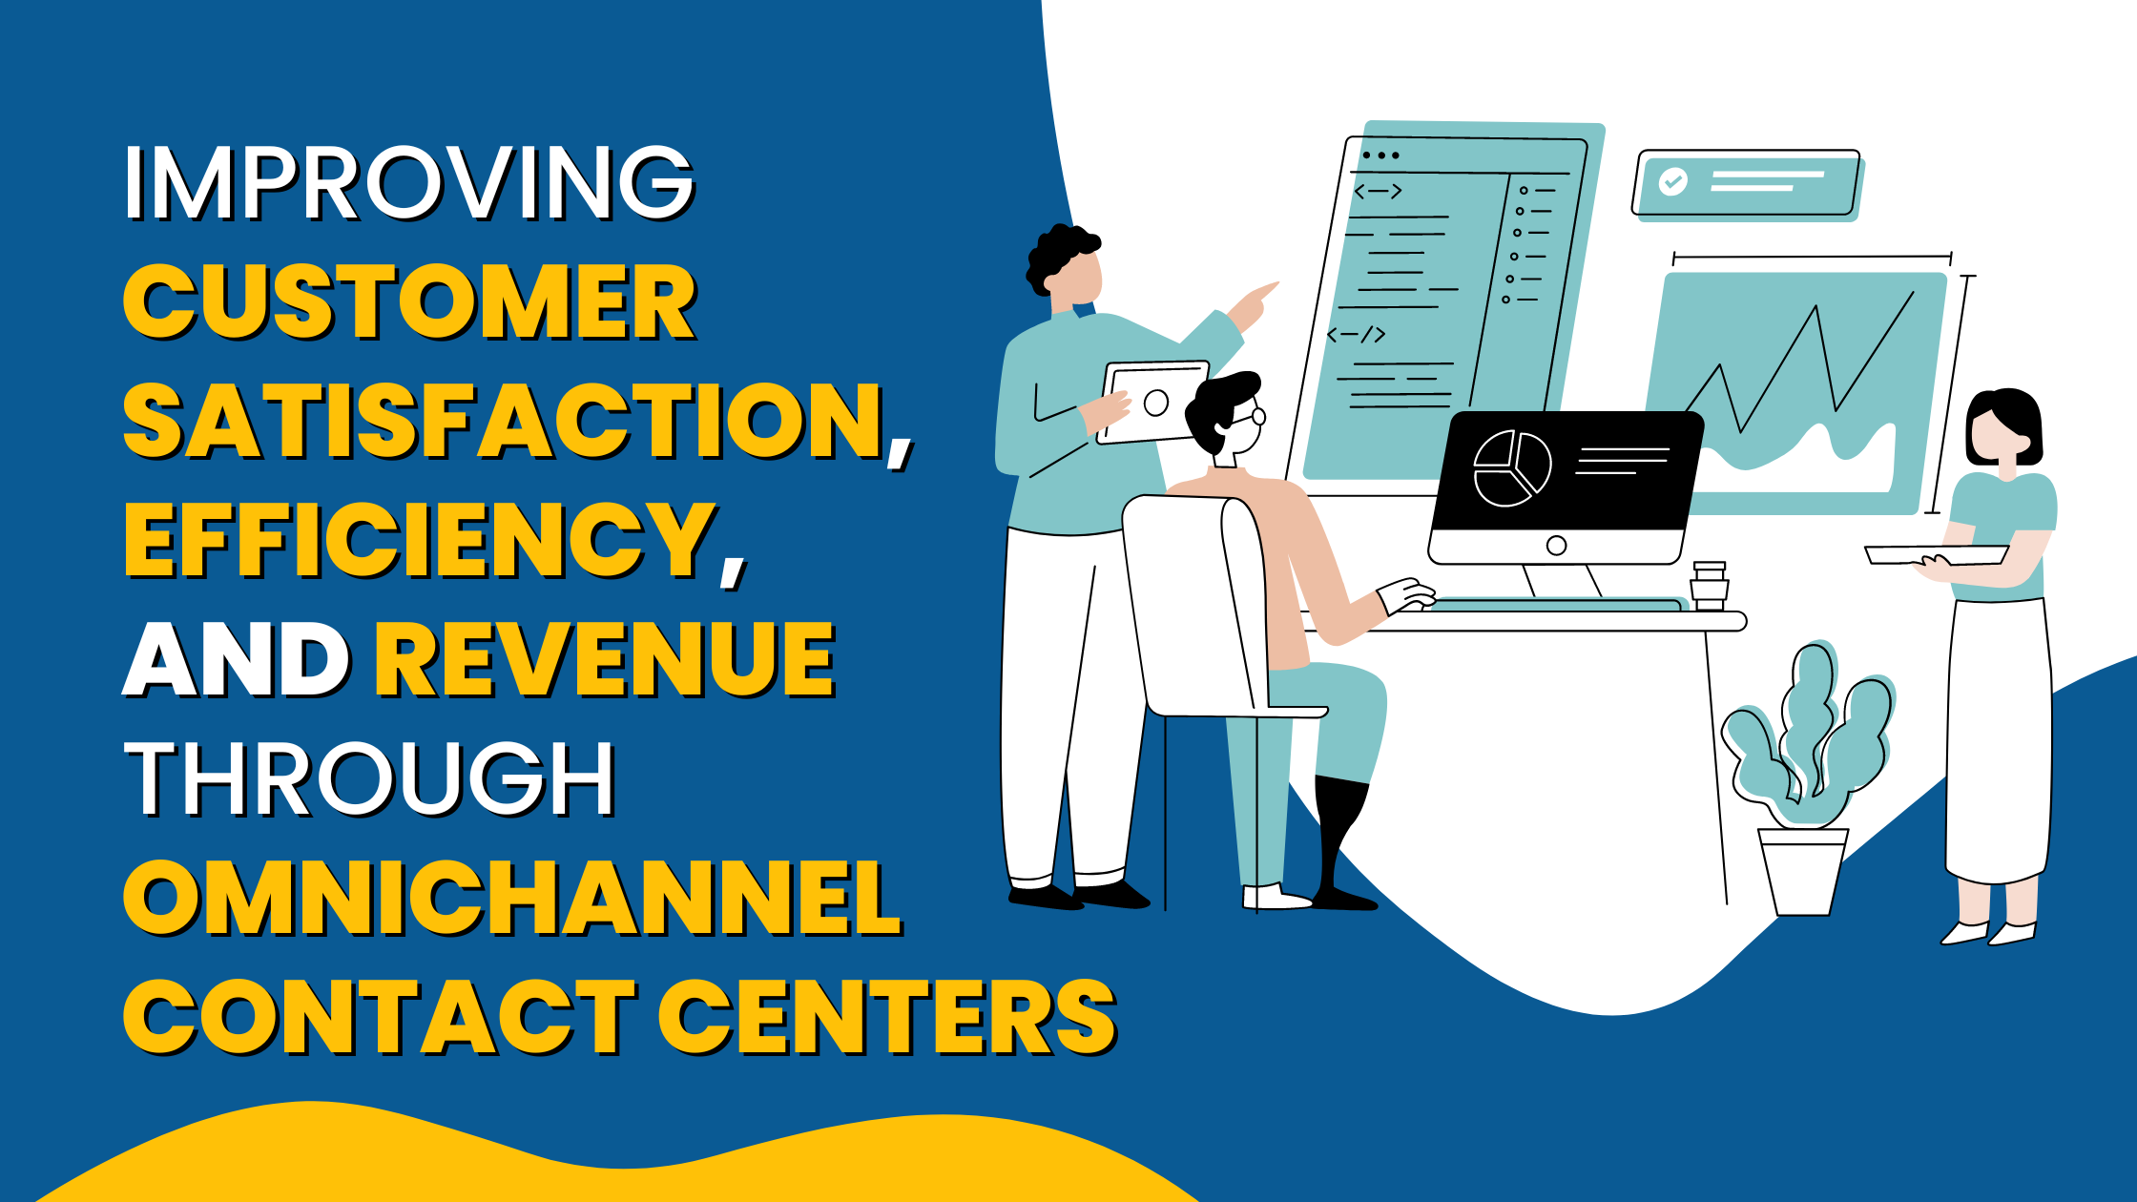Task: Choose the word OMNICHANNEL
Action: [511, 898]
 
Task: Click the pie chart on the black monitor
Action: [1511, 468]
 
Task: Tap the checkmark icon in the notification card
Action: [1672, 181]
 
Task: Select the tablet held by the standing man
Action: [1154, 402]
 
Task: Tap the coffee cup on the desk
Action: [1710, 585]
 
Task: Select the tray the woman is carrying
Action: [1937, 554]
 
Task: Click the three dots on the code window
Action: [1380, 155]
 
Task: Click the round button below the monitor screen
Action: [1556, 546]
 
